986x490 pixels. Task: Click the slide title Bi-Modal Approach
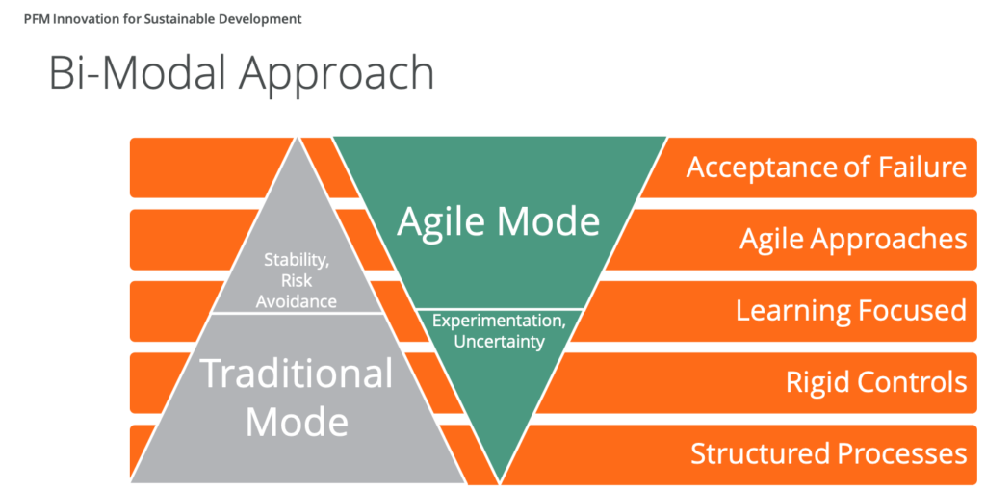coord(242,74)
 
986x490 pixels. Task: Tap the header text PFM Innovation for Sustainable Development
coord(163,19)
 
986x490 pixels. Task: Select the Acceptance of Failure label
coord(826,168)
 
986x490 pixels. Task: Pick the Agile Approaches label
coord(853,240)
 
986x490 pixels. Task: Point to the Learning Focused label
coord(851,311)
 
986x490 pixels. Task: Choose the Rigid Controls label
coord(876,382)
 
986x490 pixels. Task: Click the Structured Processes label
coord(829,454)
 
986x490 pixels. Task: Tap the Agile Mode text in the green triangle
coord(499,222)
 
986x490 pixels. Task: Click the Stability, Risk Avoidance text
coord(297,280)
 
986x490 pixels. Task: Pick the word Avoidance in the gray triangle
coord(297,301)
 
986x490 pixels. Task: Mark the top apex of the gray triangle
coord(297,138)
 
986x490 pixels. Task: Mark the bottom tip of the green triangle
coord(500,482)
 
